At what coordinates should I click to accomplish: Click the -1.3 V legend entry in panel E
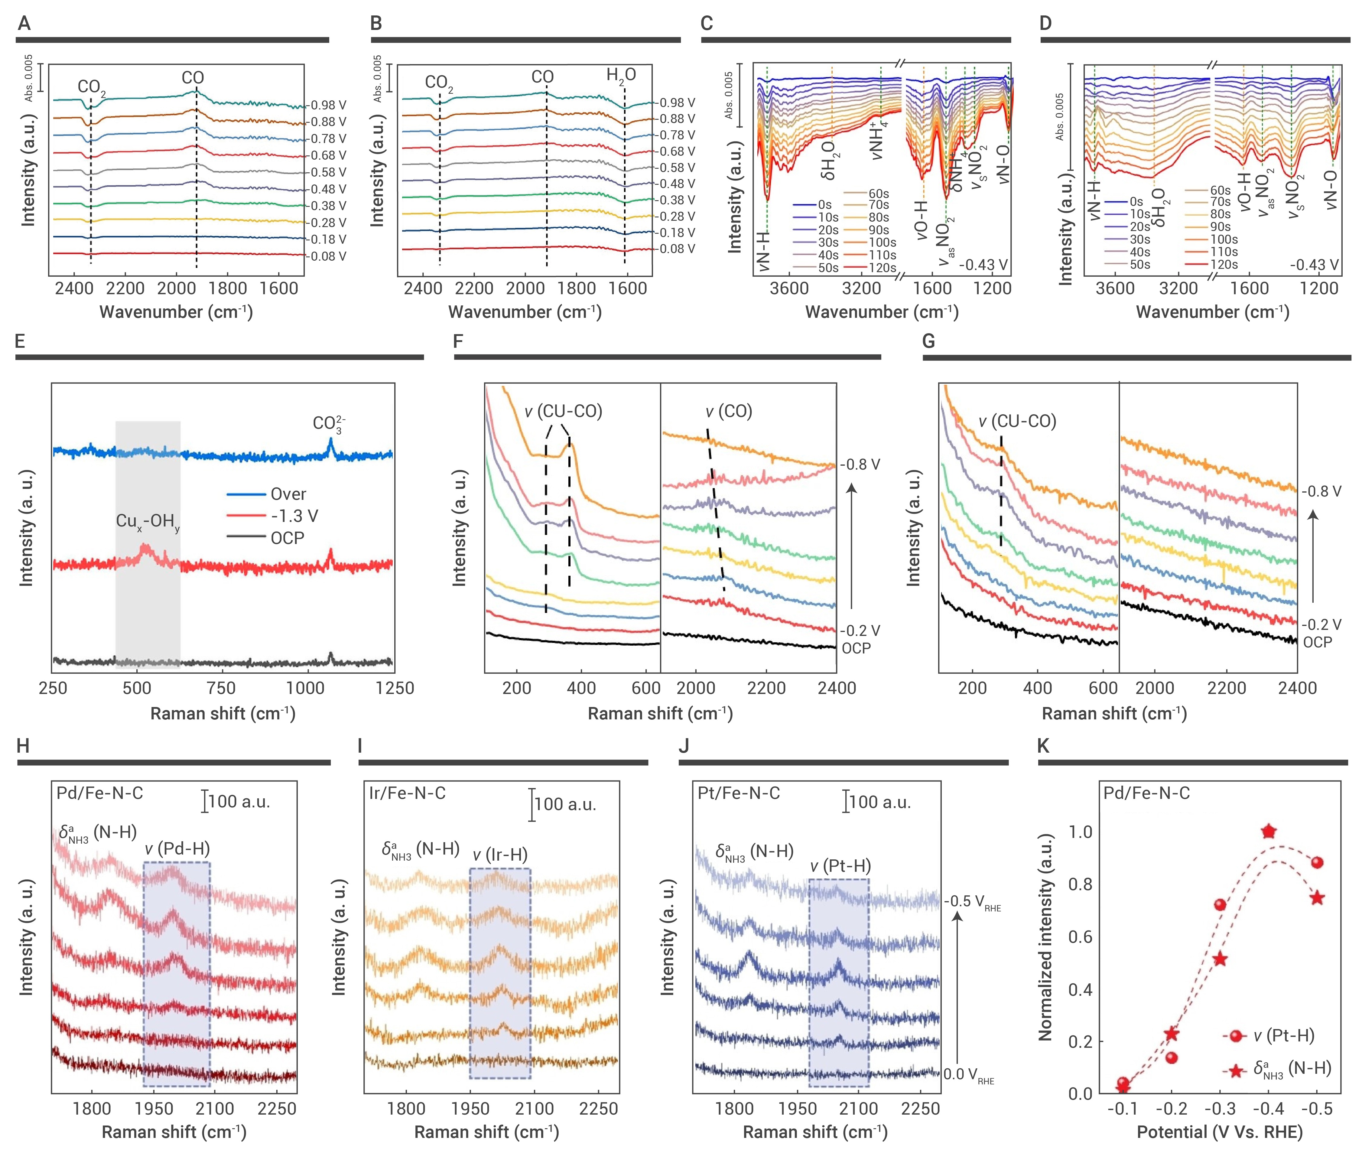coord(294,516)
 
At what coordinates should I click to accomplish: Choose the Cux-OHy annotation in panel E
coord(148,522)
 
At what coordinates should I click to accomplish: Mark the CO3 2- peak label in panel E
coord(329,424)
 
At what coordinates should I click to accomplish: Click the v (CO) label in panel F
coord(728,412)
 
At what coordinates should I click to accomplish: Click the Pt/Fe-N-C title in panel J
coord(738,793)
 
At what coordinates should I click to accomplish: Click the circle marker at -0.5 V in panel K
coord(1317,862)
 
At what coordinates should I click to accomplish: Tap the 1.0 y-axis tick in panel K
coord(1080,832)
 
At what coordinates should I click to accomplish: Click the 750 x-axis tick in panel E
coord(221,688)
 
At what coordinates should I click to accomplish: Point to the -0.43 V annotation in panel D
coord(1313,265)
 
